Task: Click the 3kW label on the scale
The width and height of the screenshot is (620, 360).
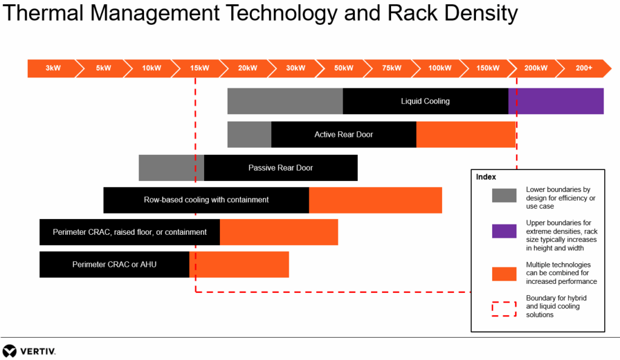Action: tap(53, 68)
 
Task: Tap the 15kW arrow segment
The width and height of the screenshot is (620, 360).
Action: tap(199, 68)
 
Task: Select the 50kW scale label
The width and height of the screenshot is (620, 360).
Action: tap(343, 68)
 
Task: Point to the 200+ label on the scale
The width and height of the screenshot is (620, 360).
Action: tap(584, 68)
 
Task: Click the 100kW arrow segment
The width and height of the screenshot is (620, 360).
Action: tap(440, 68)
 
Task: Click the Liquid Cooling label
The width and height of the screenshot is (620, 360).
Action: tap(425, 101)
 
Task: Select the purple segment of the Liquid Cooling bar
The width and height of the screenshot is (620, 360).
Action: tap(556, 101)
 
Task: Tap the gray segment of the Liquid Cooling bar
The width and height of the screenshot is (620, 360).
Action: tap(285, 101)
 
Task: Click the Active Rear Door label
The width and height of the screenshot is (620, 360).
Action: tap(343, 134)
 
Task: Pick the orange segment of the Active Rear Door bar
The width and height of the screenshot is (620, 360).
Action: tap(466, 134)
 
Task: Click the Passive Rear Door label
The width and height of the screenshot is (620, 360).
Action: tap(280, 168)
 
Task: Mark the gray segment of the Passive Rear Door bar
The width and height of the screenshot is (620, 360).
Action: tap(171, 168)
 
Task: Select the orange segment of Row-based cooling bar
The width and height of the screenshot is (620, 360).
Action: tap(375, 200)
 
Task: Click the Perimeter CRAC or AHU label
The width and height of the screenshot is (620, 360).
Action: tap(114, 264)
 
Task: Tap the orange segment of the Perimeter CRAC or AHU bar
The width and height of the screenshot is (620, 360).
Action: tap(239, 264)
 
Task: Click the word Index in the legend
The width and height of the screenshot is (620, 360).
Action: tap(486, 177)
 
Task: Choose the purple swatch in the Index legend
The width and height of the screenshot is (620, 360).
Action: tap(504, 231)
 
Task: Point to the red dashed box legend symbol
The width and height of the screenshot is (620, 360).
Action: tap(504, 309)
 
